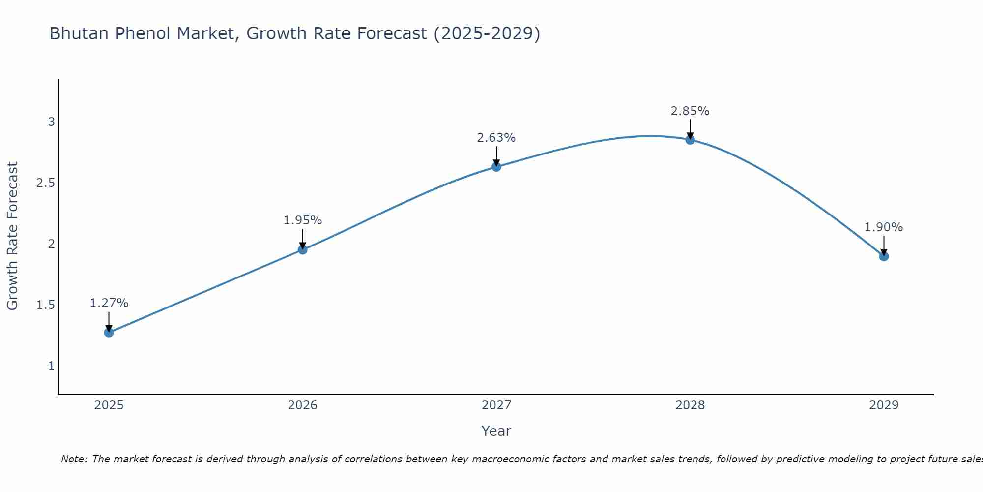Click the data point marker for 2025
[109, 333]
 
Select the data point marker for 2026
[303, 250]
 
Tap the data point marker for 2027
[496, 167]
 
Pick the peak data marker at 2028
[690, 140]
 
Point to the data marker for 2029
[884, 256]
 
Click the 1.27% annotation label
[109, 303]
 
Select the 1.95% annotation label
[303, 220]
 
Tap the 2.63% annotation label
[496, 138]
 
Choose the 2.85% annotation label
[690, 111]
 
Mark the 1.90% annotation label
[884, 227]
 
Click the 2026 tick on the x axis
[303, 405]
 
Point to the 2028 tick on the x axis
[690, 405]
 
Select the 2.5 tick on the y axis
[45, 183]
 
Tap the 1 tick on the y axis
[51, 366]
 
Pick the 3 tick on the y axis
[51, 122]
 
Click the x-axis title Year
[496, 431]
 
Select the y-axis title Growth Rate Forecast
[12, 236]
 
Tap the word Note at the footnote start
[74, 459]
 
